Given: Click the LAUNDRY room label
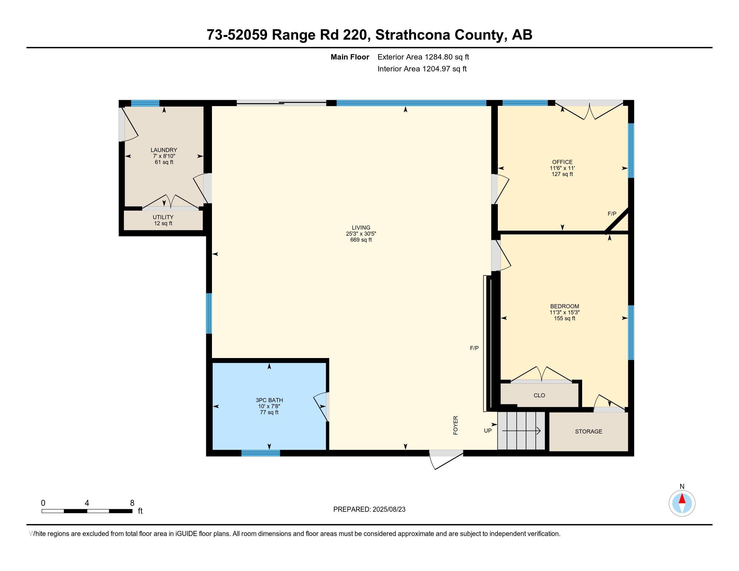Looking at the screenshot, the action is tap(164, 150).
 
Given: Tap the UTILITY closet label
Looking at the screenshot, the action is tap(163, 217).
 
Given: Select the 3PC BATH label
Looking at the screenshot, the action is tap(269, 400).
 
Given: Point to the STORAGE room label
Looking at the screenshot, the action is tap(589, 431).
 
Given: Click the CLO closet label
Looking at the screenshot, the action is tap(539, 395).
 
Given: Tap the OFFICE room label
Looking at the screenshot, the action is tap(562, 162).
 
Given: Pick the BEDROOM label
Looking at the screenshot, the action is tap(564, 306).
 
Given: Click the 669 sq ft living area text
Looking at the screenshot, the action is tap(361, 240).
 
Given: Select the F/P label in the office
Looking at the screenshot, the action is tap(612, 214).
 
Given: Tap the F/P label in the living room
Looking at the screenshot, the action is tap(474, 348).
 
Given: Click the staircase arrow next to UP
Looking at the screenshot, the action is tap(521, 431).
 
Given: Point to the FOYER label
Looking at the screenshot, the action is tap(455, 425).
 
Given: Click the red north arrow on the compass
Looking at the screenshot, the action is tap(682, 499).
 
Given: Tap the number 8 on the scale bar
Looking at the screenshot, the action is tap(132, 503).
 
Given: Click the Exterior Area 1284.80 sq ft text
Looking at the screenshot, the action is tap(423, 57).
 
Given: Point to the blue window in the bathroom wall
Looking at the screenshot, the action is tap(261, 453).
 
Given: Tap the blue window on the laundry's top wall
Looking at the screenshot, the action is tap(145, 103).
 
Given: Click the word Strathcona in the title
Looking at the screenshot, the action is tap(412, 35).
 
